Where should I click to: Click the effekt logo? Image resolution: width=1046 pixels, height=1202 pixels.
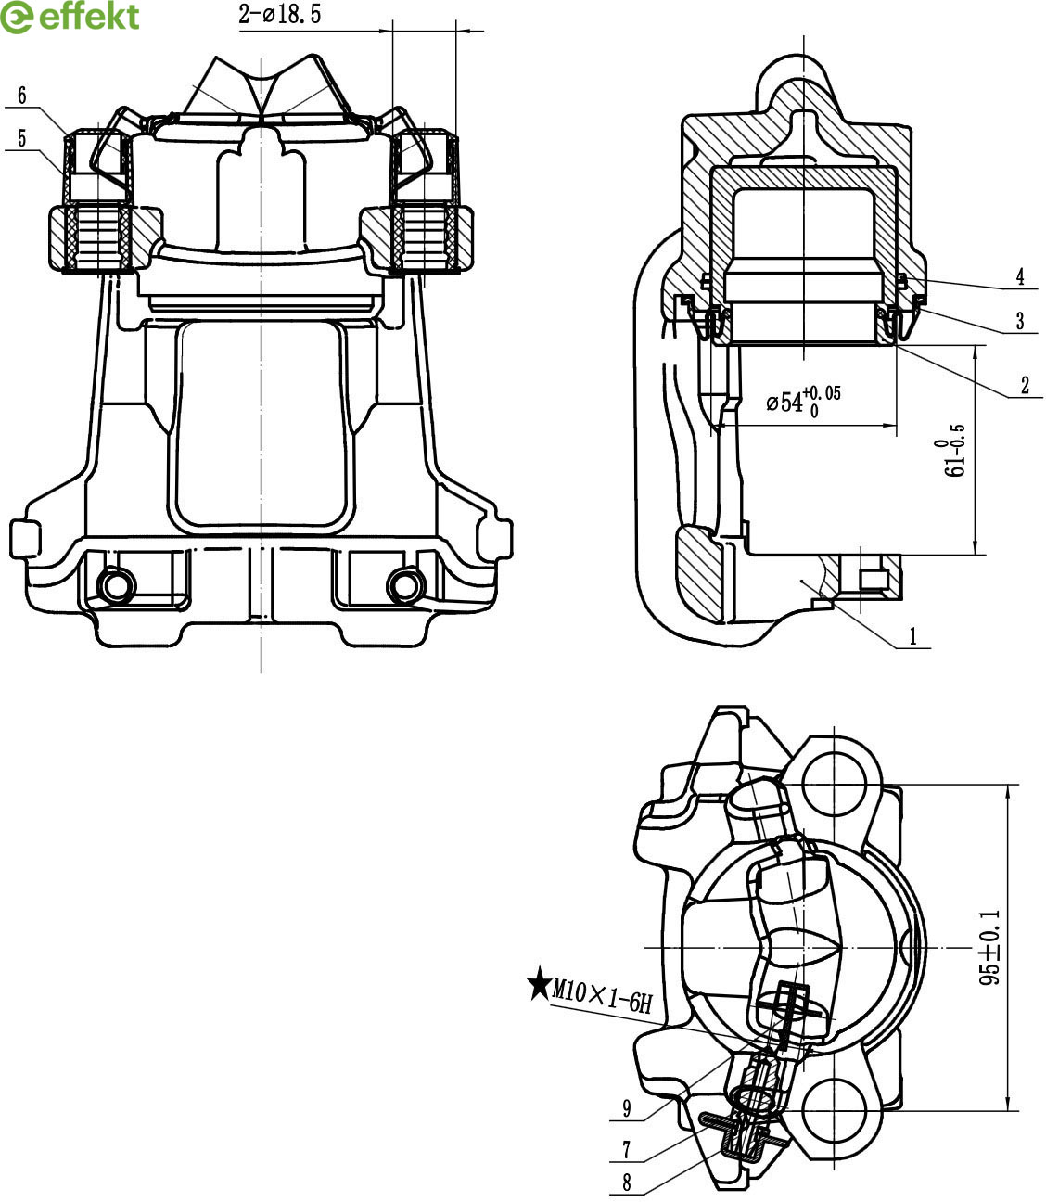point(70,17)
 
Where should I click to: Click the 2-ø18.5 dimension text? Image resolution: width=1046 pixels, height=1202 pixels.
point(279,14)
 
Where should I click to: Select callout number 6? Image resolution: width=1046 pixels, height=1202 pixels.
point(22,96)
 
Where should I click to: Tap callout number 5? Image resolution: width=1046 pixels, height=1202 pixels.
point(22,138)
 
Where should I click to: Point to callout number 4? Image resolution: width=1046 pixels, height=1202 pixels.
point(1020,276)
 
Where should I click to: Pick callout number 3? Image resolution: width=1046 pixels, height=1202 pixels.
point(1020,321)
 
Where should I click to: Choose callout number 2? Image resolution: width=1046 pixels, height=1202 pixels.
point(1025,386)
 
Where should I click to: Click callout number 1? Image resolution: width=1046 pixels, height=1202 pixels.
point(913,636)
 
